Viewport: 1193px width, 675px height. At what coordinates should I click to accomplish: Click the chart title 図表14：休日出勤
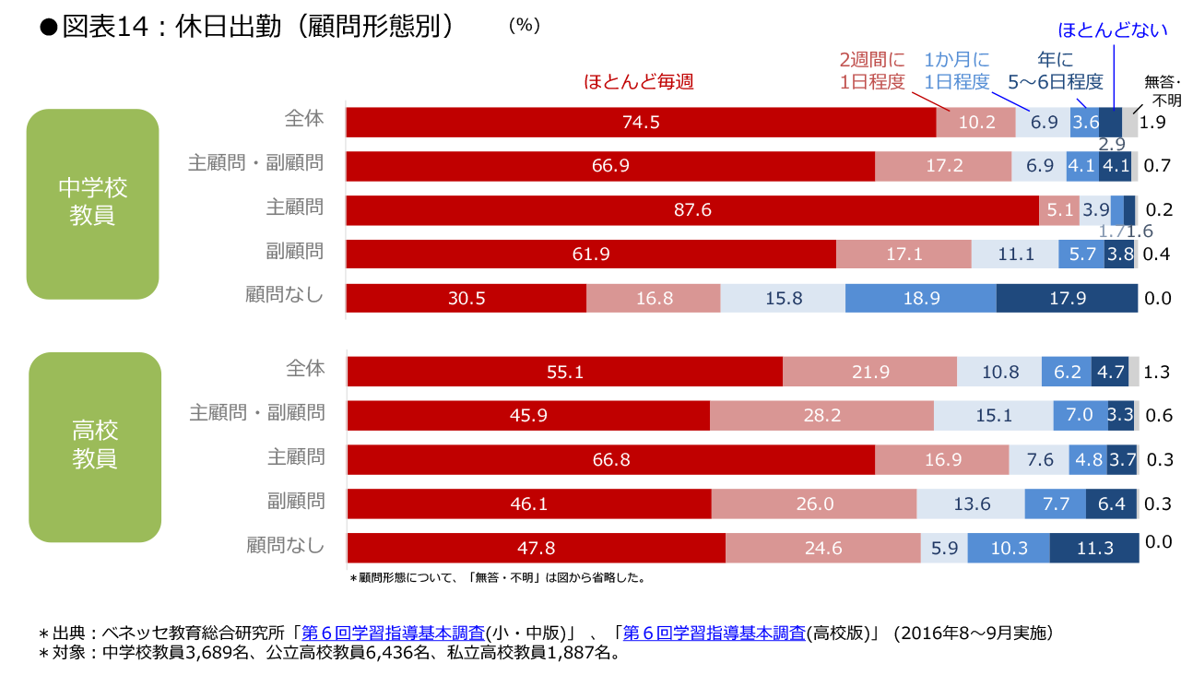pyautogui.click(x=249, y=27)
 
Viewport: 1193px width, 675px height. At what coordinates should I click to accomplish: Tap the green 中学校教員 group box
pyautogui.click(x=92, y=203)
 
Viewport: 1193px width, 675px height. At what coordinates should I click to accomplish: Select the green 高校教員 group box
pyautogui.click(x=94, y=446)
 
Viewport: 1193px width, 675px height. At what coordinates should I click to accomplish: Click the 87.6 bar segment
pyautogui.click(x=692, y=210)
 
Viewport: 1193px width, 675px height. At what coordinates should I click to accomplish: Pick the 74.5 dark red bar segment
pyautogui.click(x=641, y=122)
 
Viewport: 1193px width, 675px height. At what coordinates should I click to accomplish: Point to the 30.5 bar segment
pyautogui.click(x=466, y=299)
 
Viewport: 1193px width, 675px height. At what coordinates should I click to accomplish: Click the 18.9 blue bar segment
pyautogui.click(x=920, y=299)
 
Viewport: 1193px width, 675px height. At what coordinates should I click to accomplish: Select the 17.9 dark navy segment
pyautogui.click(x=1067, y=299)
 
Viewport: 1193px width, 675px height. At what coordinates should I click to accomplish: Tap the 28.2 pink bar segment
pyautogui.click(x=821, y=416)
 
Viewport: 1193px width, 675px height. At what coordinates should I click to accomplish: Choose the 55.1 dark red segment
pyautogui.click(x=564, y=372)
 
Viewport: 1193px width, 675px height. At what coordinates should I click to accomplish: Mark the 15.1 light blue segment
pyautogui.click(x=993, y=416)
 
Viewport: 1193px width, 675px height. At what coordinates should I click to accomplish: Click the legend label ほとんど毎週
pyautogui.click(x=638, y=82)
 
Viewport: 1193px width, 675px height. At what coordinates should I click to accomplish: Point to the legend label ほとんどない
pyautogui.click(x=1113, y=30)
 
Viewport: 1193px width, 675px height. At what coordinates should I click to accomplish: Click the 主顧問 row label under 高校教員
pyautogui.click(x=295, y=456)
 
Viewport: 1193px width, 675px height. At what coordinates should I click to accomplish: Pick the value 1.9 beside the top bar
pyautogui.click(x=1153, y=122)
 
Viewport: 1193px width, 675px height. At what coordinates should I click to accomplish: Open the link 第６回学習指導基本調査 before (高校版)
pyautogui.click(x=715, y=634)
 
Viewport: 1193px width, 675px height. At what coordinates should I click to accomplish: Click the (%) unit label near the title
pyautogui.click(x=524, y=26)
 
